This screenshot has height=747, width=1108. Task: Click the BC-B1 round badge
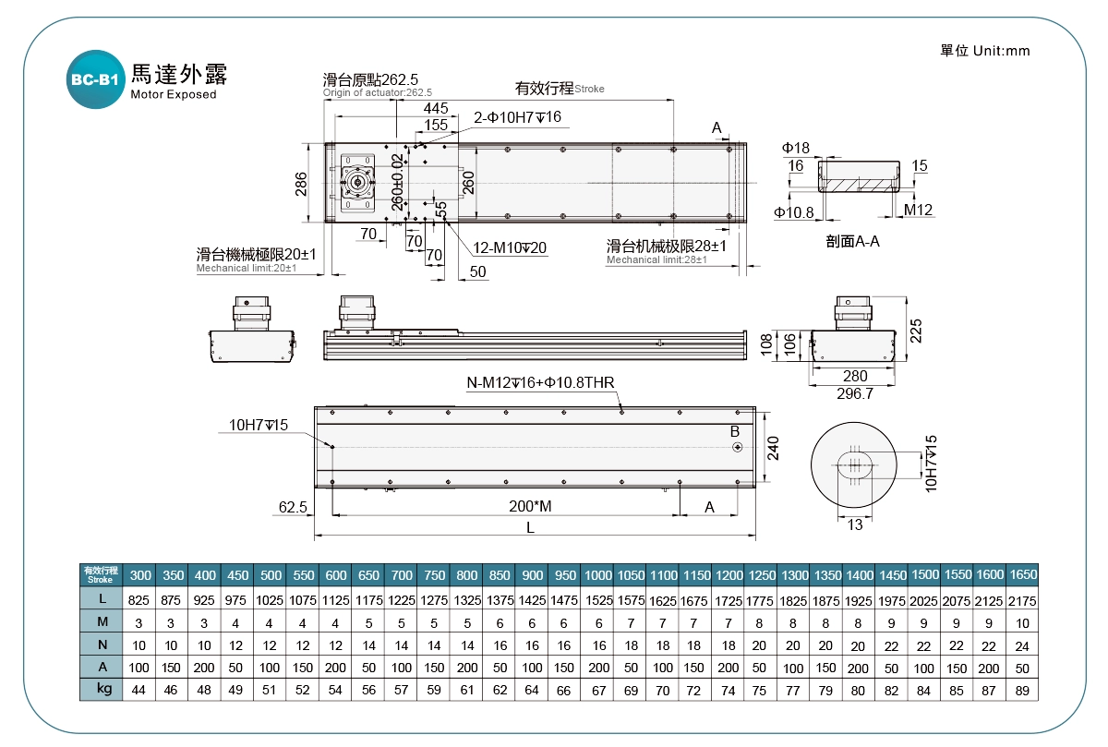tap(95, 80)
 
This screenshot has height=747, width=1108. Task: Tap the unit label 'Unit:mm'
tap(1001, 51)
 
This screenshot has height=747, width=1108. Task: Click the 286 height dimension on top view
tap(301, 185)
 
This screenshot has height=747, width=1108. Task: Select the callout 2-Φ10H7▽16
tap(517, 117)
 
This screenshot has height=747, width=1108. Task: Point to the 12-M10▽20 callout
tap(511, 247)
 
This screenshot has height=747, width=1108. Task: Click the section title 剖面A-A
tap(852, 243)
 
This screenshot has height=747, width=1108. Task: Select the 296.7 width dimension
tap(854, 393)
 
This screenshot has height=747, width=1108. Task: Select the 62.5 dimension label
tap(293, 507)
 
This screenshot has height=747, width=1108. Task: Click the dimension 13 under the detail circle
tap(854, 524)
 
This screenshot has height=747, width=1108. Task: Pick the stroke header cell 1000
tap(598, 574)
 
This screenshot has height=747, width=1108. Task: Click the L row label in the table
tap(103, 598)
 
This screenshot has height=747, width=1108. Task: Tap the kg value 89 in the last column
tap(1022, 690)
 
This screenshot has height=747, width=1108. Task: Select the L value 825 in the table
tap(139, 598)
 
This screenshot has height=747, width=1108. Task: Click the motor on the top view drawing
tap(356, 182)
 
